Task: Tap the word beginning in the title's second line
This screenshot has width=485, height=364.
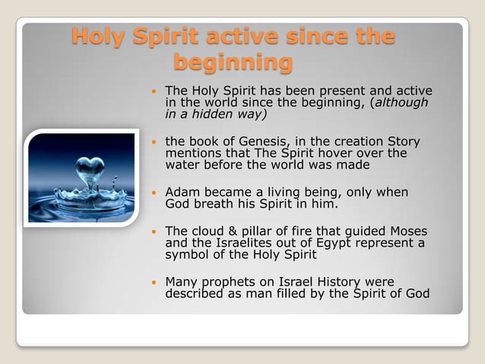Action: (x=233, y=62)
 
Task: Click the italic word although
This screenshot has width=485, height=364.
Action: (x=401, y=103)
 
